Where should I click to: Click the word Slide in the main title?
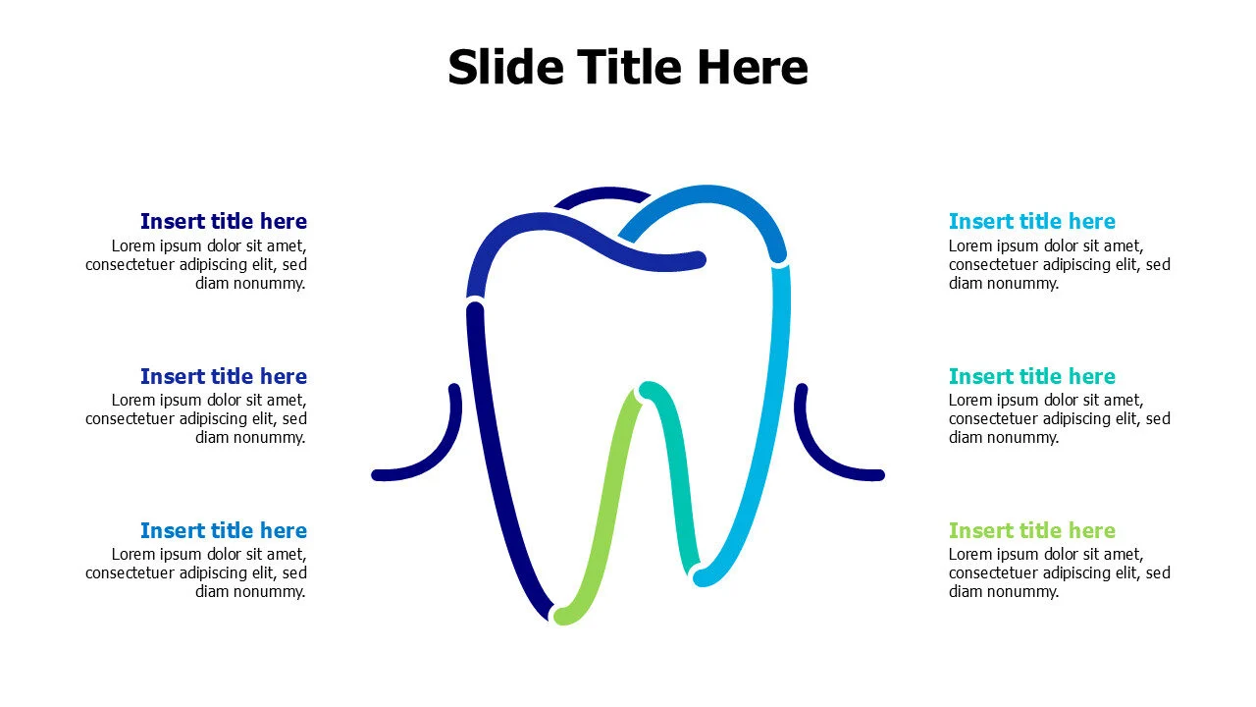pos(505,67)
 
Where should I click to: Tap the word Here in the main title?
pos(753,67)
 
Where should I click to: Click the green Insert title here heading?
pos(1031,530)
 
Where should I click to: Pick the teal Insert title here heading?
pos(1031,376)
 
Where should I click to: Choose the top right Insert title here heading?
pos(1031,221)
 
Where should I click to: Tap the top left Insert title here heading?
pos(224,221)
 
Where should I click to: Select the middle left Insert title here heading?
pos(224,376)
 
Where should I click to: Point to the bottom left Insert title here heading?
pos(224,530)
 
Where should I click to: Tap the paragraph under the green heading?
pos(1059,572)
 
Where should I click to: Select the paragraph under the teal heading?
pos(1059,418)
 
